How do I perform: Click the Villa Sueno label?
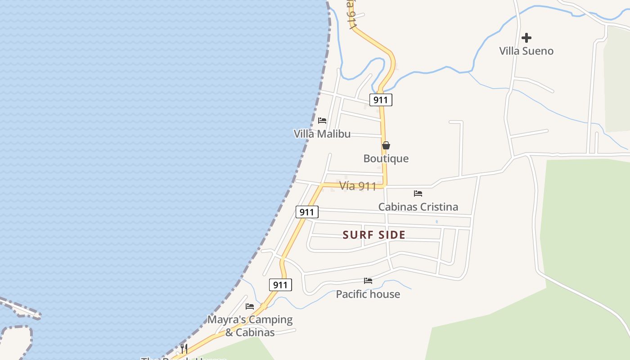(x=526, y=51)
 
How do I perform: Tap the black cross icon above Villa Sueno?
(x=526, y=38)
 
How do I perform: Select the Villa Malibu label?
(x=322, y=134)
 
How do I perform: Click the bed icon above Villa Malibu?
(x=322, y=121)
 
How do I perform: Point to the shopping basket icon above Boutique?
(x=386, y=145)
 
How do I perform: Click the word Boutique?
(x=386, y=158)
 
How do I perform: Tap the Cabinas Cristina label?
(x=418, y=207)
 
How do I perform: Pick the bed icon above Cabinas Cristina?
(x=418, y=193)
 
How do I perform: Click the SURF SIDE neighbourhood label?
(x=374, y=234)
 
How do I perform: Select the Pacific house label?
(x=368, y=294)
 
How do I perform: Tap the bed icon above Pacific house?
(x=368, y=281)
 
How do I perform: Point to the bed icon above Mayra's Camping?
(x=250, y=306)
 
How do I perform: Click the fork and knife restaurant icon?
(x=184, y=348)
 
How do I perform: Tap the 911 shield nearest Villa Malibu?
(x=381, y=99)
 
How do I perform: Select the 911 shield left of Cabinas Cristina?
(x=307, y=212)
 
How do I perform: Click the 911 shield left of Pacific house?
(x=280, y=285)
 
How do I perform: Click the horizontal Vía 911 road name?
(x=357, y=186)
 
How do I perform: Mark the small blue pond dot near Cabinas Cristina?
(x=436, y=221)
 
